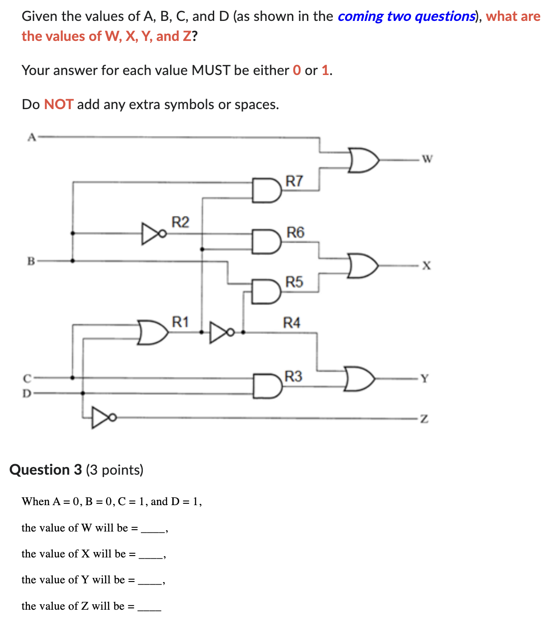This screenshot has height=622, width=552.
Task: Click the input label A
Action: coord(31,137)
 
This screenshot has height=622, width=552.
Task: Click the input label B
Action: coord(31,261)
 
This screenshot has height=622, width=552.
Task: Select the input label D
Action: coord(27,393)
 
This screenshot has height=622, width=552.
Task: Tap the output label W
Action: coord(427,159)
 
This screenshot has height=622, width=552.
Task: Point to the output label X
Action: coord(426,265)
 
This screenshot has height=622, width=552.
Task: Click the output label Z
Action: coord(424,418)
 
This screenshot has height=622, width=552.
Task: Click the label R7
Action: coord(294,181)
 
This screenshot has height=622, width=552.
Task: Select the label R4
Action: coord(291,323)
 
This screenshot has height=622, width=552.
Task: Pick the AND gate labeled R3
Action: coord(267,386)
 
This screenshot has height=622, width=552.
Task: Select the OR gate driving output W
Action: coord(363,160)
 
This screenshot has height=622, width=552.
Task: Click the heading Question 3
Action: coord(45,470)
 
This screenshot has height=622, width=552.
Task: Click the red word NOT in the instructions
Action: coord(59,105)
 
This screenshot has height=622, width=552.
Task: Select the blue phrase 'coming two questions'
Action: coord(406,16)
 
